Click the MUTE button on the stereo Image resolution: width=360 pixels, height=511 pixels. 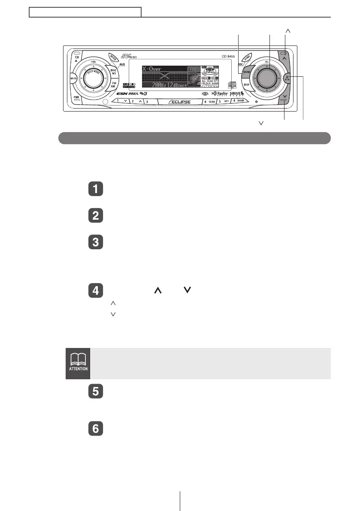(x=73, y=79)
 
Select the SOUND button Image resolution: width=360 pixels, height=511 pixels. (x=246, y=73)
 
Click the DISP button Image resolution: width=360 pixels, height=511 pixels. (x=247, y=85)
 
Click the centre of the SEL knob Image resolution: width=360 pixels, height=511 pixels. (x=266, y=78)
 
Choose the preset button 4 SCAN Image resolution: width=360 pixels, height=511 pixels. (x=209, y=102)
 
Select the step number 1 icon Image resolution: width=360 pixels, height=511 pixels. (x=95, y=190)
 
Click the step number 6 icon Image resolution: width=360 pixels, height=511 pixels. (x=95, y=429)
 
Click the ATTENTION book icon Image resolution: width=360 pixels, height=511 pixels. (x=77, y=363)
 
